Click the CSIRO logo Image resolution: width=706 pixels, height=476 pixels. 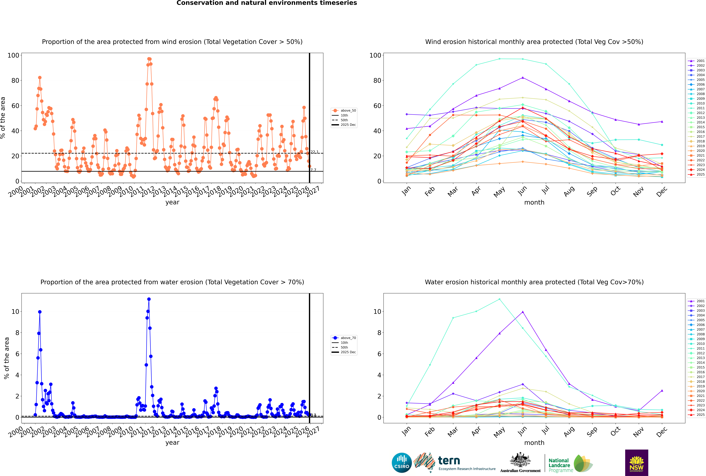pyautogui.click(x=402, y=463)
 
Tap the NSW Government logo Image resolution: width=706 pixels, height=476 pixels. pyautogui.click(x=636, y=462)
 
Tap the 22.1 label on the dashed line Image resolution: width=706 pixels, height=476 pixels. pyautogui.click(x=314, y=152)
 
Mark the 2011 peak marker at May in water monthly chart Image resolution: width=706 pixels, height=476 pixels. pyautogui.click(x=499, y=299)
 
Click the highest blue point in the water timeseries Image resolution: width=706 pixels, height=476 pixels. pyautogui.click(x=149, y=299)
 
